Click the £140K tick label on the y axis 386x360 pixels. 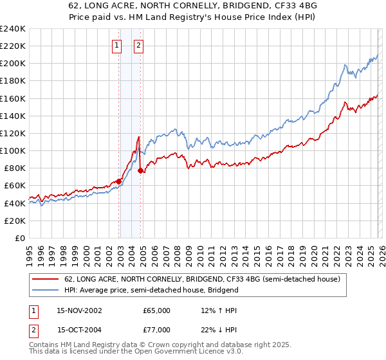click(12, 116)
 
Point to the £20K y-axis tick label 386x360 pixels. click(15, 221)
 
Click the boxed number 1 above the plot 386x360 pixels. click(117, 45)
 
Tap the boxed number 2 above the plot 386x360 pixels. click(139, 45)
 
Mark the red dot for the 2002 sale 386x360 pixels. click(119, 181)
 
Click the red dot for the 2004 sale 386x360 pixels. click(141, 170)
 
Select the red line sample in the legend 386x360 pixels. click(46, 279)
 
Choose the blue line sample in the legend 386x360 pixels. click(46, 290)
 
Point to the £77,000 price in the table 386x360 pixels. click(156, 330)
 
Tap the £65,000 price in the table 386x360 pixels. click(156, 310)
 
